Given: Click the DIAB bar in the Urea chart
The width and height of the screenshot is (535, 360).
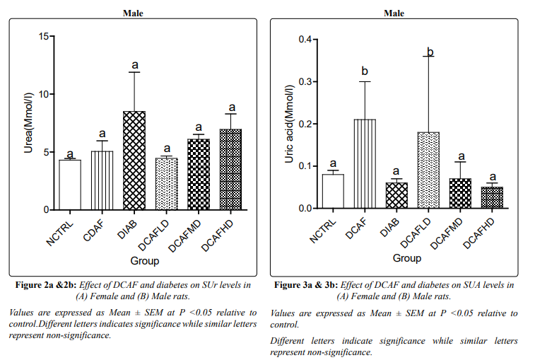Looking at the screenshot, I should click(x=134, y=161).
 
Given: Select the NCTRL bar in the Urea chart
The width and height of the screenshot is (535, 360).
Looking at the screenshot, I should click(x=70, y=185).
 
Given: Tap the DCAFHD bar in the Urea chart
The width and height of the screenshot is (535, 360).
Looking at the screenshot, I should click(x=230, y=170).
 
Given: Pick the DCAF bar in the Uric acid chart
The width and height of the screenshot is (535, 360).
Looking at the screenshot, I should click(x=365, y=164).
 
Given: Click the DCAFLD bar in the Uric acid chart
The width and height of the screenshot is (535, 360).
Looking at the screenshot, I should click(x=428, y=170).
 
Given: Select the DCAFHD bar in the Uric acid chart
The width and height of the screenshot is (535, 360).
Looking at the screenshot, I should click(x=492, y=198).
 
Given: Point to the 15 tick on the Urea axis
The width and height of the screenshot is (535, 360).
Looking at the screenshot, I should click(x=45, y=36).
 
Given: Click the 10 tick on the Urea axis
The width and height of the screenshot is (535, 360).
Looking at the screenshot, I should click(x=45, y=94).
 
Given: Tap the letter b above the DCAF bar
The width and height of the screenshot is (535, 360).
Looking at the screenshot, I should click(x=365, y=72).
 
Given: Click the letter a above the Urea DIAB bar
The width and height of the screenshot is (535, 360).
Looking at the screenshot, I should click(x=134, y=66).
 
